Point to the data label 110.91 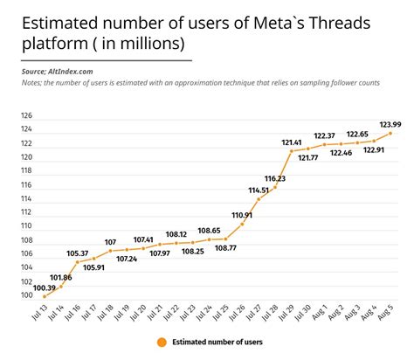pos(242,214)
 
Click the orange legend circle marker pos(162,343)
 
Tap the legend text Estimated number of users pos(216,343)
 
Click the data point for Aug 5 pos(391,133)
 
